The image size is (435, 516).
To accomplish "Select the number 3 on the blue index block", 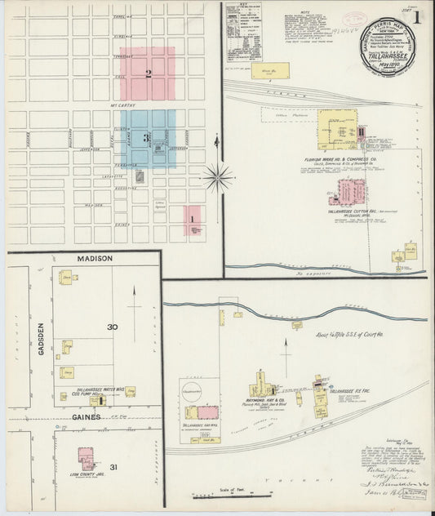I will (146, 138).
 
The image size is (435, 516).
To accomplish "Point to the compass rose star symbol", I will (218, 176).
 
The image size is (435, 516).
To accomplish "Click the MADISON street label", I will (95, 259).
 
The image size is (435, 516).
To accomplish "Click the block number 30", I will (113, 327).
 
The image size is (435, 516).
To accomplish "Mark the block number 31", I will (115, 466).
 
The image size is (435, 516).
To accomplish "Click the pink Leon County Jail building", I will (86, 456).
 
